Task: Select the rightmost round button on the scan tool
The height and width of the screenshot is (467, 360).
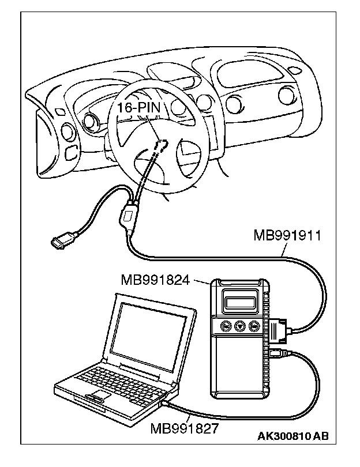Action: (254, 326)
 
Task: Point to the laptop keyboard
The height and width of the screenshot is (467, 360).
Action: (115, 378)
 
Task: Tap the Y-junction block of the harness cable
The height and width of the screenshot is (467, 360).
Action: (129, 217)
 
